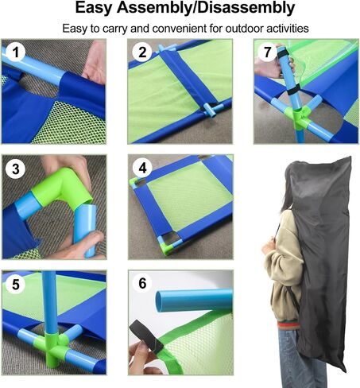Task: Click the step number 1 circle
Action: pyautogui.click(x=16, y=52)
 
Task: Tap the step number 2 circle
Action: pyautogui.click(x=142, y=52)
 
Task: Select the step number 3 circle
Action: pyautogui.click(x=16, y=169)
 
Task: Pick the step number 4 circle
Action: pyautogui.click(x=142, y=168)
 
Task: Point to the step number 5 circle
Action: pyautogui.click(x=16, y=285)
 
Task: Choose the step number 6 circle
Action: pyautogui.click(x=142, y=283)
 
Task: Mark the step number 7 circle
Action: pyautogui.click(x=267, y=52)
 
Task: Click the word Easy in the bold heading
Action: pyautogui.click(x=94, y=8)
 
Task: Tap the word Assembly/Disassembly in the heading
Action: pyautogui.click(x=206, y=8)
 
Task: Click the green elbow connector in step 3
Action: pyautogui.click(x=61, y=188)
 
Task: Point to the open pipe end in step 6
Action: pyautogui.click(x=159, y=301)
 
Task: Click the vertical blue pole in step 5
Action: pyautogui.click(x=49, y=302)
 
